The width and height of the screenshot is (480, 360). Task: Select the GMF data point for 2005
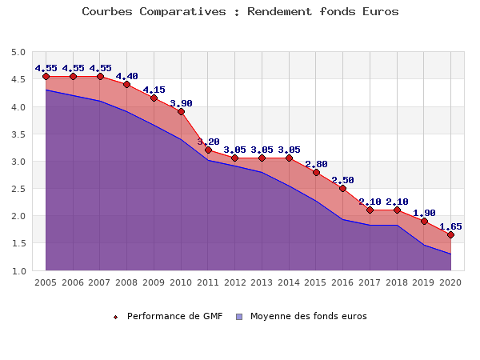point(46,77)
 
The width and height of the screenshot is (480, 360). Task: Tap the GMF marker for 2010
point(181,112)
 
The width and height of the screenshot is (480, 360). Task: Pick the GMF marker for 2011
point(208,150)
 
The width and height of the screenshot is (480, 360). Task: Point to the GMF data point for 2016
point(342,188)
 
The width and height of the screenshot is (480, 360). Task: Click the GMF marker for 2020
point(450,234)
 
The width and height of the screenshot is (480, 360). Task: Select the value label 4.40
point(126,76)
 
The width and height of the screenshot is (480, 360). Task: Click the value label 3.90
point(181,103)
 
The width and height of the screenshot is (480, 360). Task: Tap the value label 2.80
point(316,164)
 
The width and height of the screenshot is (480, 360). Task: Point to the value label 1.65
point(450,226)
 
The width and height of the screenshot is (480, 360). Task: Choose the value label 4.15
point(154,90)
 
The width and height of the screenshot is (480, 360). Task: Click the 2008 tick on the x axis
point(126,282)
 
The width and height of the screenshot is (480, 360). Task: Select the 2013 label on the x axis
point(262,282)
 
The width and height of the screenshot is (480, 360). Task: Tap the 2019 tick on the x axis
point(423,282)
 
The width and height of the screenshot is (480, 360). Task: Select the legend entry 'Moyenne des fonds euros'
point(308,316)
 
